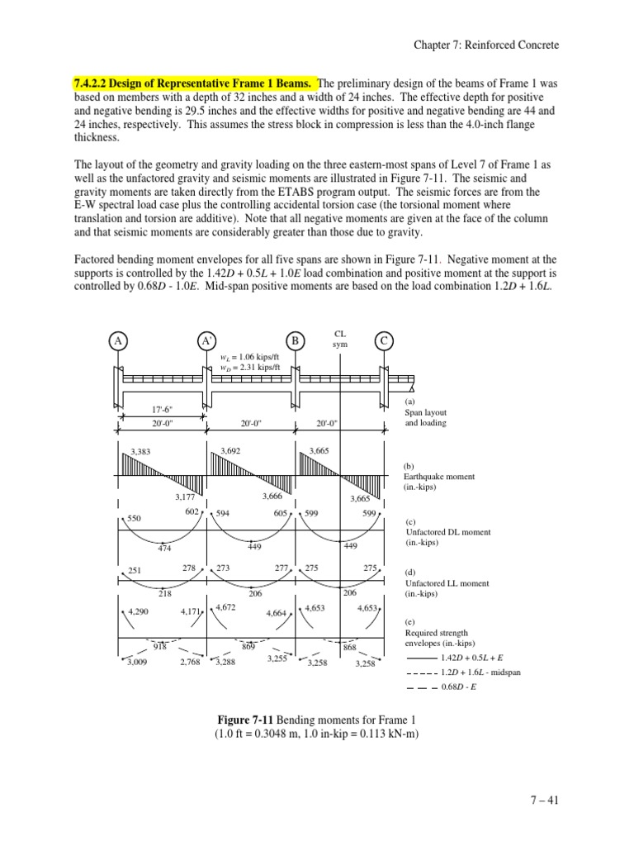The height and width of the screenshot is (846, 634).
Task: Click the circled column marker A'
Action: coord(206,341)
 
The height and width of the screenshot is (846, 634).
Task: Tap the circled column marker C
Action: coord(384,341)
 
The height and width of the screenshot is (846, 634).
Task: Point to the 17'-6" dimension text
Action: coord(162,409)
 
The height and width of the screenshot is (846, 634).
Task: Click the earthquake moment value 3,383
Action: coord(143,451)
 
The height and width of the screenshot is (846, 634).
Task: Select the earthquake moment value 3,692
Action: coord(232,450)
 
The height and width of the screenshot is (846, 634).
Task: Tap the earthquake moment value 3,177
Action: coord(185,497)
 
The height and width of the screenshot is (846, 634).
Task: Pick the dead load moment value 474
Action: coord(165,547)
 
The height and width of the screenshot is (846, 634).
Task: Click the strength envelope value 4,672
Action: coord(225,607)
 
